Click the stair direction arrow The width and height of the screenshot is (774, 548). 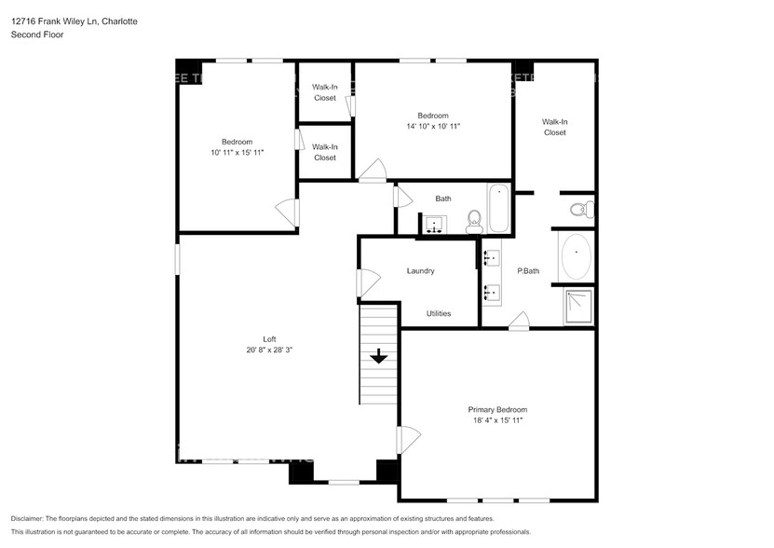[x=379, y=355]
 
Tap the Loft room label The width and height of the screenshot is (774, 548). [x=269, y=339]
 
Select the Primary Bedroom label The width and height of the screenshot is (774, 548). [x=497, y=410]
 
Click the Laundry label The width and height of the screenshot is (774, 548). [x=421, y=271]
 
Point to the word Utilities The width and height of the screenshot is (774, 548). [x=439, y=313]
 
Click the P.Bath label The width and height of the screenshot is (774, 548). [x=528, y=271]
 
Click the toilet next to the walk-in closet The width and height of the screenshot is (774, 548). [x=579, y=208]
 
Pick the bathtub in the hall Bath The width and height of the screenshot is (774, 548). [x=498, y=209]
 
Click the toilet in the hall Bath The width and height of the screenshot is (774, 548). [x=473, y=220]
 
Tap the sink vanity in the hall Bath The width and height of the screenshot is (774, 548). [x=433, y=224]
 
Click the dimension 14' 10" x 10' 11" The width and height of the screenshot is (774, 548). [x=433, y=126]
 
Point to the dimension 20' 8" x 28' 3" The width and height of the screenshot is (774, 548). [x=270, y=350]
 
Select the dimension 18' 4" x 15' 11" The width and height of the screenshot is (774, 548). [x=497, y=421]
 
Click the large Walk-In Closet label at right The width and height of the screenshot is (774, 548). [x=555, y=127]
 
